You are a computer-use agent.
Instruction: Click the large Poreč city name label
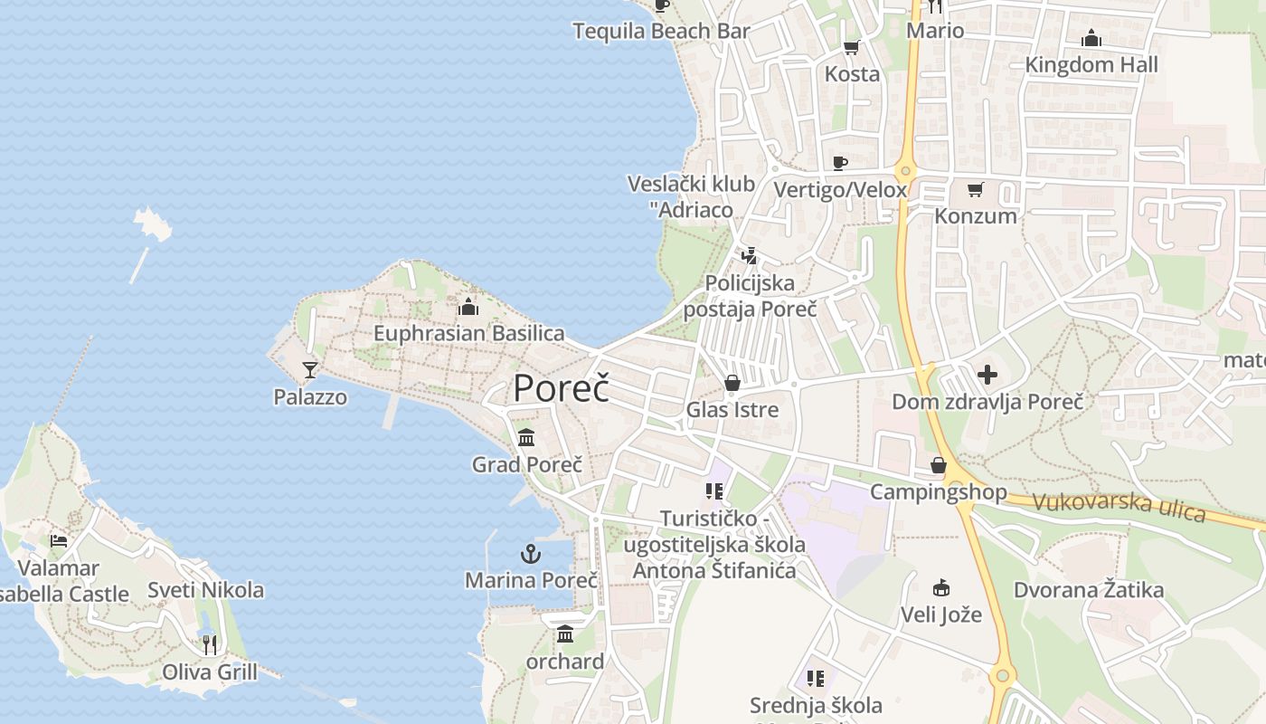coord(561,387)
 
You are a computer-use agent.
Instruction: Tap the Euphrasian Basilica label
coord(468,333)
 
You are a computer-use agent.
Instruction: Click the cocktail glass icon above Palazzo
coord(310,369)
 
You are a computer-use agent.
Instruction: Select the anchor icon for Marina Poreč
coord(531,553)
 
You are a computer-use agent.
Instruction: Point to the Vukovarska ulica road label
coord(1119,507)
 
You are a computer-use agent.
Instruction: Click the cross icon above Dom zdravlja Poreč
coord(987,374)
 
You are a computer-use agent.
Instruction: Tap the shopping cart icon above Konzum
coord(975,189)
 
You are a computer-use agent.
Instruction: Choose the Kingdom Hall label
coord(1091,65)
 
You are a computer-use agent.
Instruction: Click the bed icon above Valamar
coord(59,541)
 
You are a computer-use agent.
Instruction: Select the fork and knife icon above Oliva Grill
coord(210,644)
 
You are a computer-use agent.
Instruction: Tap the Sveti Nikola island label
coord(206,590)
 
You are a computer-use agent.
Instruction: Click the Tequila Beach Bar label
coord(661,32)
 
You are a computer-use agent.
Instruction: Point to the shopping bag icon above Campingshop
coord(938,465)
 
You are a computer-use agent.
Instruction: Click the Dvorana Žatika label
coord(1088,591)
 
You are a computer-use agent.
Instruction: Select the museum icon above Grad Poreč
coord(526,438)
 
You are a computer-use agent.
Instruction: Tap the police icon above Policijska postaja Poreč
coord(749,256)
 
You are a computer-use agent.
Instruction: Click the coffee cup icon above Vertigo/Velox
coord(839,163)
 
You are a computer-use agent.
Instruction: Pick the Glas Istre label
coord(732,410)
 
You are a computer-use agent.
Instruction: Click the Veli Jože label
coord(940,615)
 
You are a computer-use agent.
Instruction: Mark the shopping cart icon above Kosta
coord(851,47)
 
